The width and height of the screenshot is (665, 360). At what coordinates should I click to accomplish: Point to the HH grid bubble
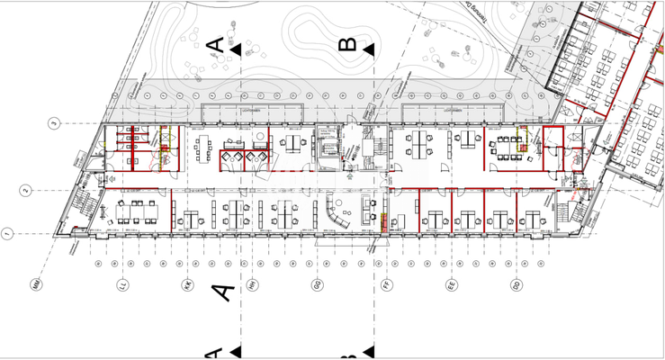pos(251,285)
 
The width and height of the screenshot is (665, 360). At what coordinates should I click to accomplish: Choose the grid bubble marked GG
pos(318,285)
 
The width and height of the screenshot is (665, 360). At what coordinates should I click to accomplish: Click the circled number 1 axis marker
pos(8,234)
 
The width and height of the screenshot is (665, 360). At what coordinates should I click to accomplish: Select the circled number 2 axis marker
pos(26,190)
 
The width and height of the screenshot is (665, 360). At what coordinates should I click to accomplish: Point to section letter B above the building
pos(348,44)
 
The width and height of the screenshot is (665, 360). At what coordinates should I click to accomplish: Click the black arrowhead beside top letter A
pos(236,50)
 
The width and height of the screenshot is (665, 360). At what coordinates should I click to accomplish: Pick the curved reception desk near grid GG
pos(340,216)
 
